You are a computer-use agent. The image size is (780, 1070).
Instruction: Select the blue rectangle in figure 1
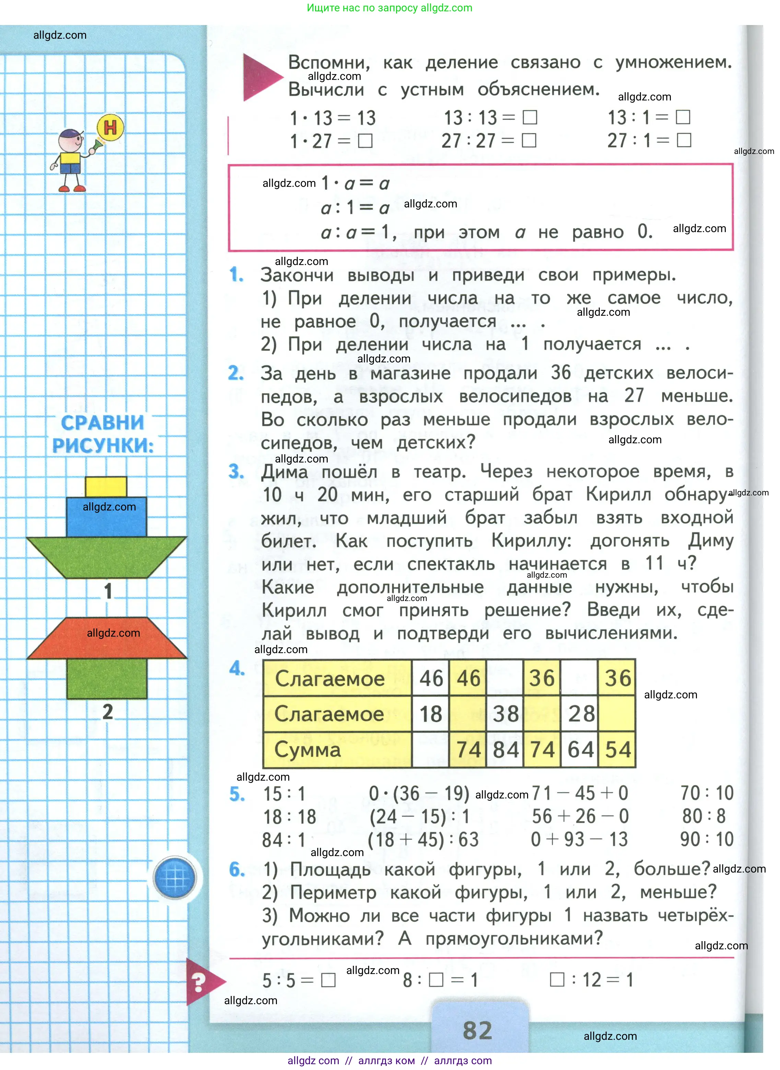[106, 517]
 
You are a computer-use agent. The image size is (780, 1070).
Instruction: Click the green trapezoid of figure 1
[107, 557]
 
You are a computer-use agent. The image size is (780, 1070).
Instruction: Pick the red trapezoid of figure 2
[107, 638]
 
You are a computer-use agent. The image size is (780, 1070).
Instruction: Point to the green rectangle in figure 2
[107, 678]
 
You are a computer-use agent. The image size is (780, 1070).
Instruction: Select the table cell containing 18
[431, 714]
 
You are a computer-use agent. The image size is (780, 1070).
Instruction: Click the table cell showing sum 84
[505, 750]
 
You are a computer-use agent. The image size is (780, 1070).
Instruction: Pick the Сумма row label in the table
[307, 750]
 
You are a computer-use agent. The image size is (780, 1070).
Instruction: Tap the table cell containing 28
[580, 714]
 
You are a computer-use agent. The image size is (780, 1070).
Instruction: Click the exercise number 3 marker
[236, 472]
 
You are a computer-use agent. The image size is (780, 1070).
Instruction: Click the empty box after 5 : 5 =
[328, 981]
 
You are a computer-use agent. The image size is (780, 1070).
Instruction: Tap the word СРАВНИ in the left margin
[103, 423]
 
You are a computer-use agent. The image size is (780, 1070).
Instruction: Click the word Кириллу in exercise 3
[531, 541]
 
